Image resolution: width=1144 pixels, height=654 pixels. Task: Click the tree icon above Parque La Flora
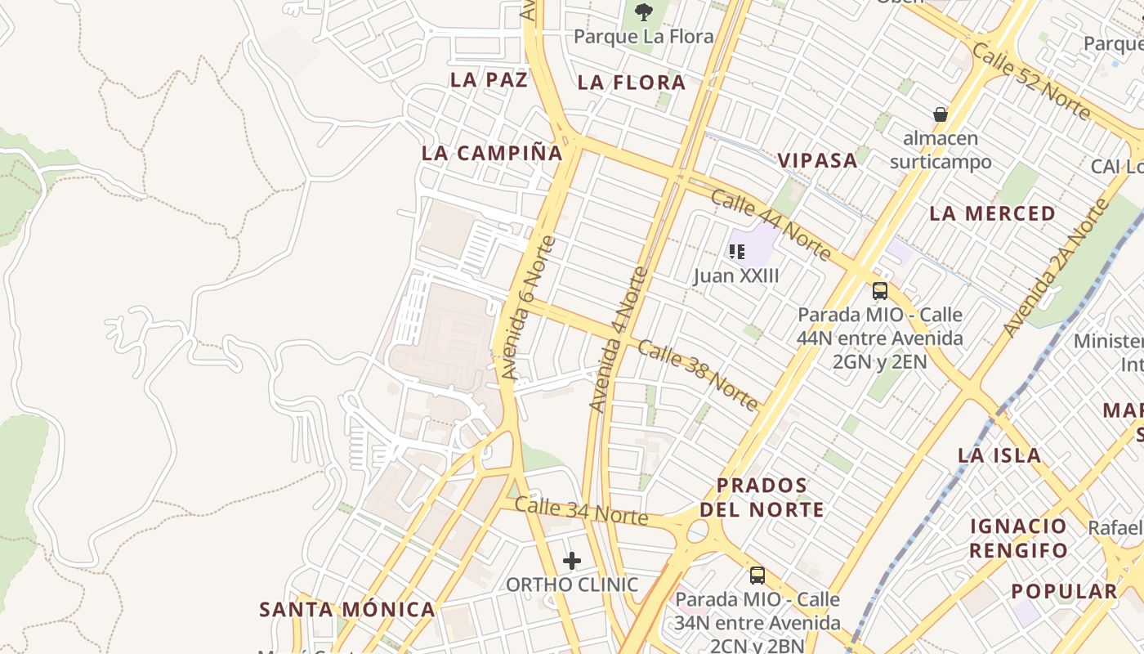coord(644,11)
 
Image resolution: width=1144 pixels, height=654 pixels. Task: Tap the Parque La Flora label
coord(643,37)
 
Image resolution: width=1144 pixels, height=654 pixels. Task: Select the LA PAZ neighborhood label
coord(489,79)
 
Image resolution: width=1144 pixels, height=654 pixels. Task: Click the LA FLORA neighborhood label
coord(632,83)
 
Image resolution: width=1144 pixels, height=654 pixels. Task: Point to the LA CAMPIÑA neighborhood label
coord(493,153)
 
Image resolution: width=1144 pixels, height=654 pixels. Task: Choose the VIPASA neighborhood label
coord(817,160)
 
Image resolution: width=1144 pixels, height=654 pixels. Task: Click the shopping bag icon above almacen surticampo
coord(941,114)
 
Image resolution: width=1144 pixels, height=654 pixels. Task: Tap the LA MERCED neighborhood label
coord(993,213)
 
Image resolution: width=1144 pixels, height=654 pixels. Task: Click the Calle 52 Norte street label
coord(1031,81)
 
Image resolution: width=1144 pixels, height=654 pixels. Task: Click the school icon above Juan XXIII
coord(737,252)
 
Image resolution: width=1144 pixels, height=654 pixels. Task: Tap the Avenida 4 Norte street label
coord(618,340)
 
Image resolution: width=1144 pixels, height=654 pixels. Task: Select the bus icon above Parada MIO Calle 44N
coord(880,290)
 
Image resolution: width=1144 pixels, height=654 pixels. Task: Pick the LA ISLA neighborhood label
coord(999,455)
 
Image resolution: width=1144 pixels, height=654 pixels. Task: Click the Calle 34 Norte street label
coord(581,511)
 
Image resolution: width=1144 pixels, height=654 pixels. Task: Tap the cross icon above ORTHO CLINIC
coord(572,561)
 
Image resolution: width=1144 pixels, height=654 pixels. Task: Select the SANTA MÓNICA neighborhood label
coord(347,609)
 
